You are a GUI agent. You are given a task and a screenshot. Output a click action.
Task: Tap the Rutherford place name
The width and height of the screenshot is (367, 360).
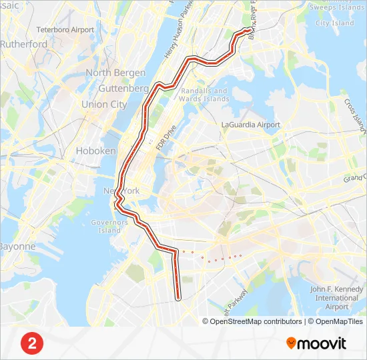pos(23,44)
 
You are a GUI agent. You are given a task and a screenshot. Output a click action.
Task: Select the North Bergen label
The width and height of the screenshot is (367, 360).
pos(115,73)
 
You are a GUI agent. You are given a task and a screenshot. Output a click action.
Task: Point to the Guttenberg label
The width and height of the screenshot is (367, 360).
pos(123,88)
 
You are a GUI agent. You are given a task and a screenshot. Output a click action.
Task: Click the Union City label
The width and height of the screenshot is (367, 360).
pos(104,104)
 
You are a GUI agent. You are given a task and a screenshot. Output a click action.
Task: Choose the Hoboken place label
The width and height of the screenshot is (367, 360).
pos(96,151)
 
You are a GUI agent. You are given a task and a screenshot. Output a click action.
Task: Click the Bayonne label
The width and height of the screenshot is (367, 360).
pos(17,246)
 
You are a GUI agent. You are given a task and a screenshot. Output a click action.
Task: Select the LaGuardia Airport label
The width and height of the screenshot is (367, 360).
pos(251,125)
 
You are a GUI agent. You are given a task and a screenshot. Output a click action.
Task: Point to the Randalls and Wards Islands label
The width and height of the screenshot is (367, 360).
pos(204,95)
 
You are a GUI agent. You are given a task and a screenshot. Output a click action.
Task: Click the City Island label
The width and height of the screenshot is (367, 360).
pos(335,23)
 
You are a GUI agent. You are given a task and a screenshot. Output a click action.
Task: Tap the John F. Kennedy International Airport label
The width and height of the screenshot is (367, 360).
pos(337,298)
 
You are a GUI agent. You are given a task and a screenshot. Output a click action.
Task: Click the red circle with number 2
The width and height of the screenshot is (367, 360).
pos(32,343)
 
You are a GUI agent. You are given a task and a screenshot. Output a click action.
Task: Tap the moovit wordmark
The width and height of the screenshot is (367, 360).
pos(322,344)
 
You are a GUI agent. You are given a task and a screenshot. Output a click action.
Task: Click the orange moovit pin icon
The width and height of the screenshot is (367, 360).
pos(291,343)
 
